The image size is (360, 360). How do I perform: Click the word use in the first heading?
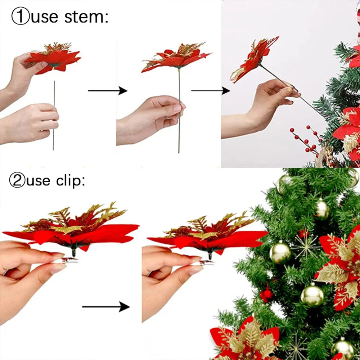44,17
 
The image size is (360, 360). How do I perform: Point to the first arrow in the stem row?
107,91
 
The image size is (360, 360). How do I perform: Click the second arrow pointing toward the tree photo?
211,91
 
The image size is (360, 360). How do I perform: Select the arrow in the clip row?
106,307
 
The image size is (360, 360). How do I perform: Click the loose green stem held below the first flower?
54,115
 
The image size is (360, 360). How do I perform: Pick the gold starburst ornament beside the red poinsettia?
306,246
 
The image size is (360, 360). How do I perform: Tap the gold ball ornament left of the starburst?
280,253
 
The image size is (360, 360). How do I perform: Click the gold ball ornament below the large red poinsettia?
312,295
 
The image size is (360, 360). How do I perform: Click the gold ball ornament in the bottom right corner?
343,349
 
